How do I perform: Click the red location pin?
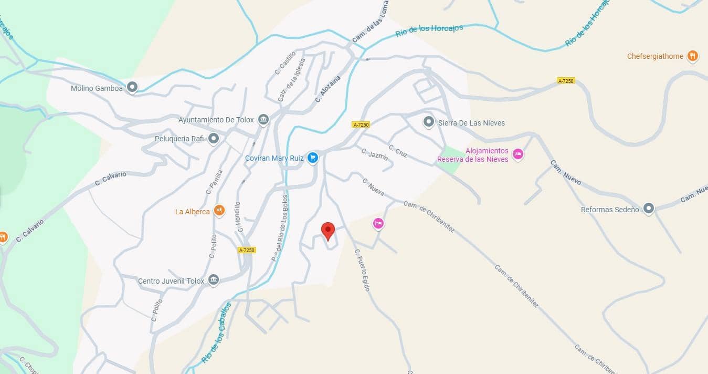click(x=328, y=230)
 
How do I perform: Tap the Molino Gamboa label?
click(x=97, y=88)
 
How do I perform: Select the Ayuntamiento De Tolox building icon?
click(x=263, y=120)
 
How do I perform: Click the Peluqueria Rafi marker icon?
click(x=213, y=139)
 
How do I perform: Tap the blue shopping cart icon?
click(x=313, y=157)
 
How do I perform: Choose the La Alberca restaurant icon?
click(x=219, y=211)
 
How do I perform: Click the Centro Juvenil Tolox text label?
click(x=171, y=281)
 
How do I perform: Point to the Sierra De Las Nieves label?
click(x=471, y=123)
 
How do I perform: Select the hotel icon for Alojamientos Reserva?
click(x=518, y=154)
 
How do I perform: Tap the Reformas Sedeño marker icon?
click(x=649, y=209)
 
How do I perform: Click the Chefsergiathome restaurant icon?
click(x=693, y=56)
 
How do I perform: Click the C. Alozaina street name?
click(x=328, y=89)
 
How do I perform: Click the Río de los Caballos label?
click(x=216, y=333)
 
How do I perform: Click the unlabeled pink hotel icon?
click(x=378, y=224)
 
